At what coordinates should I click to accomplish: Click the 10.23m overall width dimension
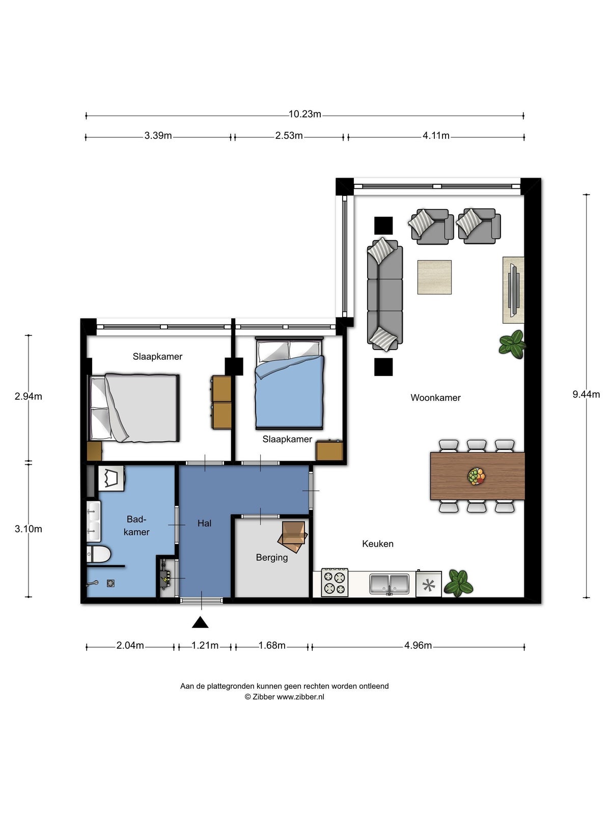point(304,114)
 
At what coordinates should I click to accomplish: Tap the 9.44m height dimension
point(586,394)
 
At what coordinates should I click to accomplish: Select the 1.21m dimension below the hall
point(205,646)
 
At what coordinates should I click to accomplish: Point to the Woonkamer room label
point(435,397)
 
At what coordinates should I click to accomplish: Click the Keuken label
point(378,544)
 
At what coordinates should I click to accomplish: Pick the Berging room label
point(272,558)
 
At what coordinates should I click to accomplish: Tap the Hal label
point(204,524)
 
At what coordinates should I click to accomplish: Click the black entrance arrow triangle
point(200,622)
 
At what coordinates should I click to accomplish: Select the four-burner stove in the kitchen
point(335,582)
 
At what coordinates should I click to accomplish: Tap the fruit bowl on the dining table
point(477,477)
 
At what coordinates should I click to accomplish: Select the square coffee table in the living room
point(434,277)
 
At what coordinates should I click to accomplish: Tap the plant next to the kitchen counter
point(459,583)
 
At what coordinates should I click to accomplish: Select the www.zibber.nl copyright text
point(284,697)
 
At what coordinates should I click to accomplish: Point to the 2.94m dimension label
point(28,396)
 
